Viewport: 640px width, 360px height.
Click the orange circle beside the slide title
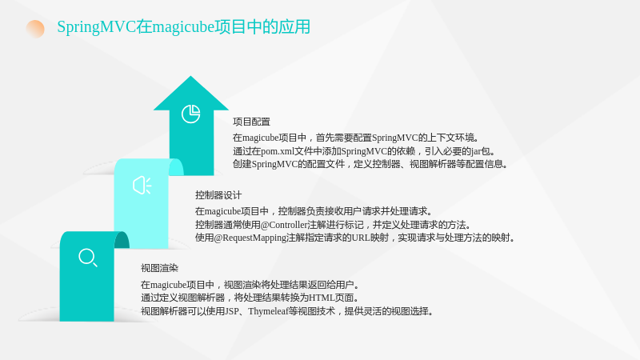point(35,29)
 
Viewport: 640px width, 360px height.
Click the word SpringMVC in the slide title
point(96,27)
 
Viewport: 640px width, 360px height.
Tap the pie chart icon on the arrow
point(190,114)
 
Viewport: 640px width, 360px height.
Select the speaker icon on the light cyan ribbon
point(142,186)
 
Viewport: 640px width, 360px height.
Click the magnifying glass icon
point(88,258)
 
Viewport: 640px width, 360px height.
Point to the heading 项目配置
point(251,122)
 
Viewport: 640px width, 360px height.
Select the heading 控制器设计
point(218,195)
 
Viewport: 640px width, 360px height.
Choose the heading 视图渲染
point(159,268)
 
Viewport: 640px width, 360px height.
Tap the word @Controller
point(284,225)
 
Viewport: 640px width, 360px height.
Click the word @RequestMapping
point(250,238)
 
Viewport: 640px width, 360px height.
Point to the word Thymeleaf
point(268,311)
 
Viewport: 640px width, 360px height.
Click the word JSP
point(232,311)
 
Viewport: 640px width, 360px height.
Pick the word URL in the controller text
point(361,238)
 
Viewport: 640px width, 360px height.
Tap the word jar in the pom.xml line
point(476,151)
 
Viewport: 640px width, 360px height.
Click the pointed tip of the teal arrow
point(190,76)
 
